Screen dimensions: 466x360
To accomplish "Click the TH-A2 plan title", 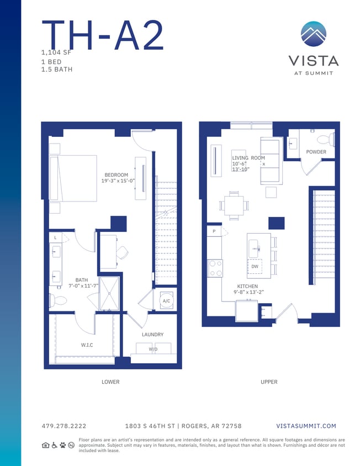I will [103, 36].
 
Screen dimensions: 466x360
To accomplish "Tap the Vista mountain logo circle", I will [314, 34].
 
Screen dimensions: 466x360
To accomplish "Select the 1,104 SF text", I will [56, 52].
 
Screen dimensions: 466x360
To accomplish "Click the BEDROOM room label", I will [116, 175].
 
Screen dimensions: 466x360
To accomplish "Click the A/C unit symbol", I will [166, 301].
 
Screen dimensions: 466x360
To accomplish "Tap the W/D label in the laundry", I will [152, 349].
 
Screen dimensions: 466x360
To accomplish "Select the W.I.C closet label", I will [87, 345].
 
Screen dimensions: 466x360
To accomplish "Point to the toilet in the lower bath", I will [58, 301].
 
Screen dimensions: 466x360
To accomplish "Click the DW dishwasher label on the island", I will [255, 267].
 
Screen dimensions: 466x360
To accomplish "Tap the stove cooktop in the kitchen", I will [215, 268].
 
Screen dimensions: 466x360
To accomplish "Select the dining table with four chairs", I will [234, 205].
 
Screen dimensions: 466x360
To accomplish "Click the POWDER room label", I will [316, 152].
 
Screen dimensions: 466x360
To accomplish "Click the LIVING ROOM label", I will [248, 158].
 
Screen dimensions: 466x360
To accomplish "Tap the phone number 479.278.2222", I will [63, 426].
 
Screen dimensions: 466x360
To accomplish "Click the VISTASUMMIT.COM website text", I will [305, 426].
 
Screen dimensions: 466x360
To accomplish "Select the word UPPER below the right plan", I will [269, 382].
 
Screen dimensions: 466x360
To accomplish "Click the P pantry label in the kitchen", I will [213, 232].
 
